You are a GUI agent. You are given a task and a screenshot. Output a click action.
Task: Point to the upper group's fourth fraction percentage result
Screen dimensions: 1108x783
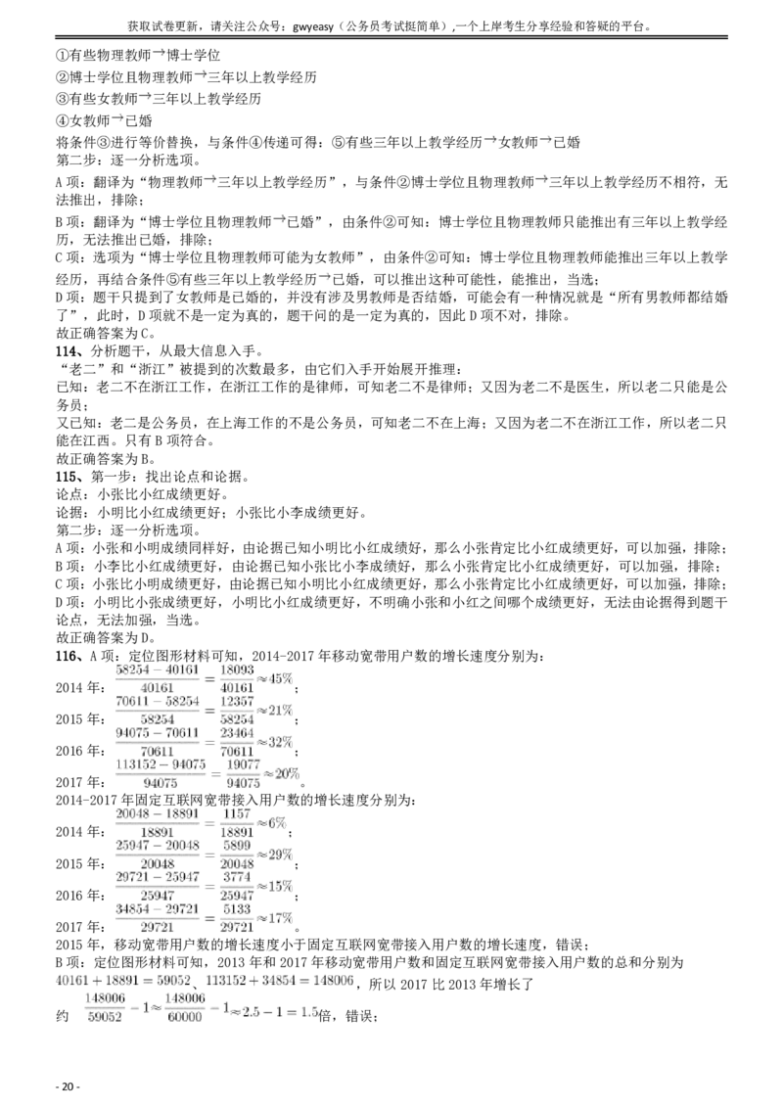(284, 773)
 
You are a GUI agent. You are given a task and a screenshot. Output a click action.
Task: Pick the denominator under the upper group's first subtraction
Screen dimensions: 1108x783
(157, 687)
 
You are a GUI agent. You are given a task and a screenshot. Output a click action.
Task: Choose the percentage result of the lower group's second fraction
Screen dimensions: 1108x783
(278, 854)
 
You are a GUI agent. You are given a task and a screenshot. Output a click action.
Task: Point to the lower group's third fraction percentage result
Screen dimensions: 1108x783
(278, 885)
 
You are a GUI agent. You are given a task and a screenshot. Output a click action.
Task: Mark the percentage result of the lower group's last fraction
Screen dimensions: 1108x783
(278, 917)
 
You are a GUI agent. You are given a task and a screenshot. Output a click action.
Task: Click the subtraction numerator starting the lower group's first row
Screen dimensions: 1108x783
(157, 814)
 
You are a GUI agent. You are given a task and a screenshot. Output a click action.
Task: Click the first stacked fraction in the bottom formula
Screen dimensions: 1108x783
(105, 1007)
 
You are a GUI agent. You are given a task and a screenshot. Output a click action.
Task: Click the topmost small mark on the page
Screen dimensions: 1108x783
(160, 55)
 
